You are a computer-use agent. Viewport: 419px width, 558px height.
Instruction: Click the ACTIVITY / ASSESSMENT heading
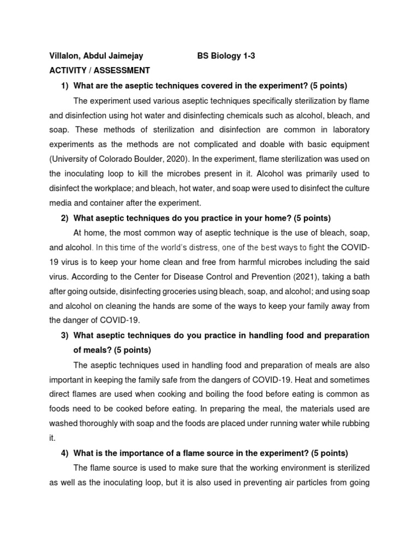(99, 70)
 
